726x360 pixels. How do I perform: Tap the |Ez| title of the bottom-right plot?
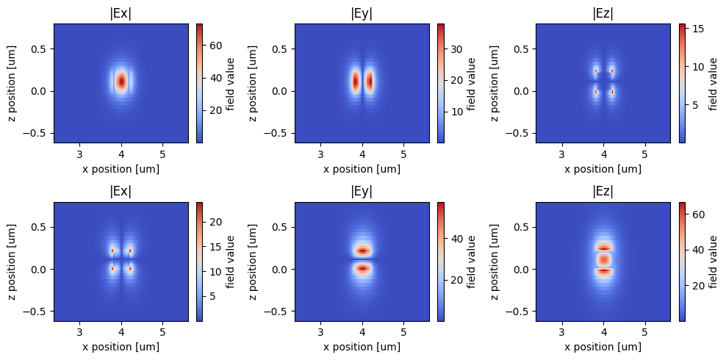coord(603,192)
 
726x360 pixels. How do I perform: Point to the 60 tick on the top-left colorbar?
coord(209,45)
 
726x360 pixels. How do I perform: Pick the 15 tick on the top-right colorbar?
coord(691,29)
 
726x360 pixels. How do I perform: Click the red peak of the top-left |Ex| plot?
coord(121,81)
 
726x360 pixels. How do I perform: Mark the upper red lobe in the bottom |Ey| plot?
coord(362,251)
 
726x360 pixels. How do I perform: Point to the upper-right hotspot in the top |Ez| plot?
coord(611,71)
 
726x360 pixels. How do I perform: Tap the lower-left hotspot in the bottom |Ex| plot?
coord(112,268)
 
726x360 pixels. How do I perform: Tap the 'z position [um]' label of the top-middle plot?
coord(254,83)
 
